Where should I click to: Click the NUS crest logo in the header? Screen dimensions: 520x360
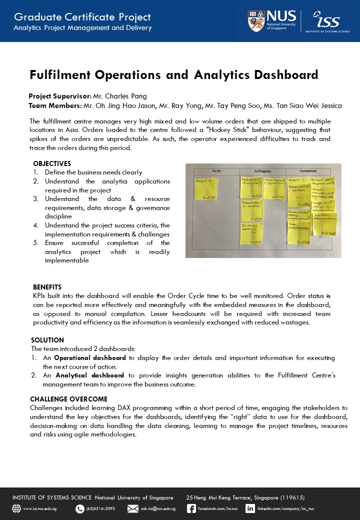pyautogui.click(x=256, y=21)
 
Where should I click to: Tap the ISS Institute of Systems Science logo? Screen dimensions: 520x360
pyautogui.click(x=327, y=21)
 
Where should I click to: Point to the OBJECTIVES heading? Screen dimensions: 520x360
pyautogui.click(x=52, y=163)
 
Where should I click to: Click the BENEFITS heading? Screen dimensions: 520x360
pyautogui.click(x=47, y=287)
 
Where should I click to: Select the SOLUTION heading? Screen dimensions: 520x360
pyautogui.click(x=47, y=340)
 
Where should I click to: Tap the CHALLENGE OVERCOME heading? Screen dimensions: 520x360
pyautogui.click(x=68, y=399)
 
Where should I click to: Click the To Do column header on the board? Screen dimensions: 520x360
pyautogui.click(x=216, y=171)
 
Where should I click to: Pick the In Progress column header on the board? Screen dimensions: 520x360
pyautogui.click(x=262, y=171)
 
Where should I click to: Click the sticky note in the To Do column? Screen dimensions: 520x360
pyautogui.click(x=206, y=188)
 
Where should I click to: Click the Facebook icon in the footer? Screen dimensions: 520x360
pyautogui.click(x=191, y=508)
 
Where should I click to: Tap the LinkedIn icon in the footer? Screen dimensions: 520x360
pyautogui.click(x=250, y=508)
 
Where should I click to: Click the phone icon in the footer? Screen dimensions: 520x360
pyautogui.click(x=79, y=509)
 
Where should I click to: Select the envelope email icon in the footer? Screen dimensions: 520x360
pyautogui.click(x=133, y=509)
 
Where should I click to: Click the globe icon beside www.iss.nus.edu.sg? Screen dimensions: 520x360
pyautogui.click(x=16, y=509)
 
